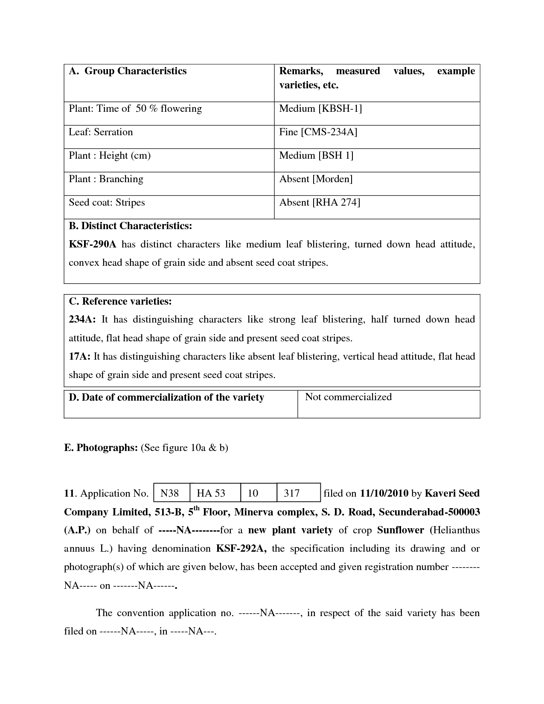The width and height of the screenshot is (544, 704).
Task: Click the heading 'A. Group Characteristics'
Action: click(x=128, y=71)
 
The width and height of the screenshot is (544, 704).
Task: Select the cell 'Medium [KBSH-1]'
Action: click(x=320, y=109)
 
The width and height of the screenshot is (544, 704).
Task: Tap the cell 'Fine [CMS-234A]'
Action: click(x=318, y=132)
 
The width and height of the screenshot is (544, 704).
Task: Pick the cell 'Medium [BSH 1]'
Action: click(x=316, y=156)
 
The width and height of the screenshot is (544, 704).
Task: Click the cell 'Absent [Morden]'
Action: click(x=316, y=179)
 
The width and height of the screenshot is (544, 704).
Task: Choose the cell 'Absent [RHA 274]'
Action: click(x=320, y=203)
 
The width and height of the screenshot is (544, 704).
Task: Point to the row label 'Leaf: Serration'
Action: click(x=101, y=132)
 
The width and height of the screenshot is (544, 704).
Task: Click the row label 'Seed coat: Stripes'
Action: click(x=107, y=203)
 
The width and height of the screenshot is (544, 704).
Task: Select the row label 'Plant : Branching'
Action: click(x=106, y=179)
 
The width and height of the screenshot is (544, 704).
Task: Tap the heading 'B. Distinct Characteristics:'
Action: click(x=130, y=226)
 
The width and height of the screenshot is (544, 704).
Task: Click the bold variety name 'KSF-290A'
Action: click(x=92, y=244)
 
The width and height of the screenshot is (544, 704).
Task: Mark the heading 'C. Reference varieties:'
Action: click(x=120, y=302)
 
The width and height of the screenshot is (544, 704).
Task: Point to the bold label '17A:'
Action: click(x=79, y=357)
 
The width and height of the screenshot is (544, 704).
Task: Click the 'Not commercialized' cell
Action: click(x=348, y=397)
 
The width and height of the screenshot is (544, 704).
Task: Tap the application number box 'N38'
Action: click(x=169, y=494)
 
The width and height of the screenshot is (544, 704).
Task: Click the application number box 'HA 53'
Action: click(x=211, y=494)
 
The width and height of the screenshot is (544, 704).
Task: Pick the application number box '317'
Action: click(x=292, y=494)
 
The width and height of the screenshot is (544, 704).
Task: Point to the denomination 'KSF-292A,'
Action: click(x=241, y=549)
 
